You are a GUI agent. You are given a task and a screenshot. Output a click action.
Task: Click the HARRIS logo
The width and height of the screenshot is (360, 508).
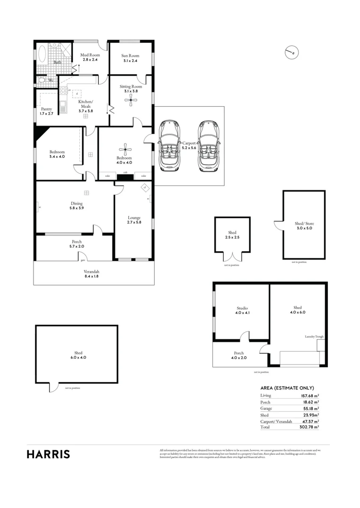(49, 454)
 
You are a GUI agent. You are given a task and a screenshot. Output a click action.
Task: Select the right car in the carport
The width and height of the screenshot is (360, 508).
(208, 145)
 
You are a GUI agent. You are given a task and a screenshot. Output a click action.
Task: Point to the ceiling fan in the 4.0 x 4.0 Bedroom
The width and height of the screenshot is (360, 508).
(125, 151)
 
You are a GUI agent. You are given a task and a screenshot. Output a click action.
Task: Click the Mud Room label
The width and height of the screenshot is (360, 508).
(90, 55)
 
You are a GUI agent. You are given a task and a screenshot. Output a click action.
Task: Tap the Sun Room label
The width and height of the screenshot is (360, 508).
(130, 55)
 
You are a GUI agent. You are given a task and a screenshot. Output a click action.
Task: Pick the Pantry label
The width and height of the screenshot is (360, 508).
(46, 109)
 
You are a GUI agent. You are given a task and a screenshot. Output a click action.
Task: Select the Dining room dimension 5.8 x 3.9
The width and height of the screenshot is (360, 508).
(76, 208)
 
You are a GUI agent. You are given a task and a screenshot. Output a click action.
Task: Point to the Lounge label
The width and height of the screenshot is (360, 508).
(134, 217)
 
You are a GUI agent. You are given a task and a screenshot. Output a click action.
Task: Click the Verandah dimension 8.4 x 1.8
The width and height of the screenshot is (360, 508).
(92, 277)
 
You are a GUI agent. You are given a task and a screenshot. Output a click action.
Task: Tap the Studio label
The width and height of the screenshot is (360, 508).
(242, 308)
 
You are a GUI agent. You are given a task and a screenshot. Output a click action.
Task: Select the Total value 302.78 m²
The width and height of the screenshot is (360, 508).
(310, 427)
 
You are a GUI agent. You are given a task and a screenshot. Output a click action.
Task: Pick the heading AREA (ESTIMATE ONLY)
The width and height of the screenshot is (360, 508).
(287, 388)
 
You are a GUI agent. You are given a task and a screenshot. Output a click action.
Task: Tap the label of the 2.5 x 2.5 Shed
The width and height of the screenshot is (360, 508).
(232, 233)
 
